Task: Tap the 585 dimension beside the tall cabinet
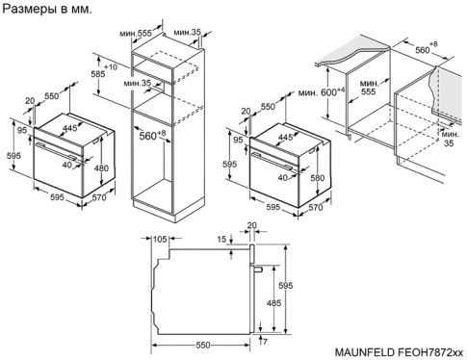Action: pyautogui.click(x=96, y=73)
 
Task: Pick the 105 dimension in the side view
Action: pyautogui.click(x=160, y=239)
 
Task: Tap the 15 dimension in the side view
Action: pyautogui.click(x=221, y=239)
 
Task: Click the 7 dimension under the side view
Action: pyautogui.click(x=263, y=343)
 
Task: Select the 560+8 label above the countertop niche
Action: pyautogui.click(x=425, y=47)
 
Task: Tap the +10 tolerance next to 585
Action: pyautogui.click(x=111, y=67)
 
